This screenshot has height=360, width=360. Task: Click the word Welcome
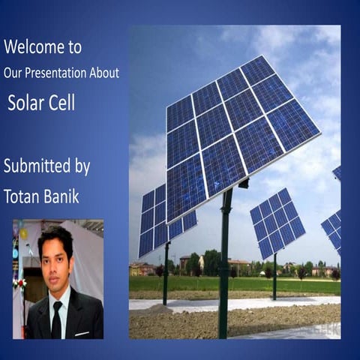29,47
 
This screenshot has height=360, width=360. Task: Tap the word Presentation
65,73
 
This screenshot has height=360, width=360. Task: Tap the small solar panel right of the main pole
277,223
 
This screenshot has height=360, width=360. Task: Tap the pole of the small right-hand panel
275,277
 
